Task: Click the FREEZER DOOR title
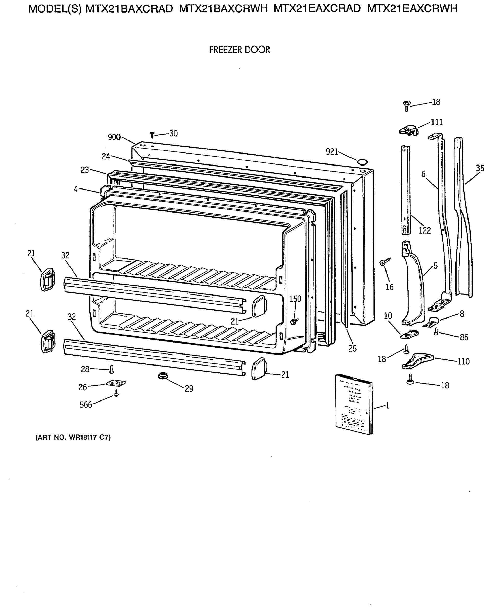[x=239, y=50]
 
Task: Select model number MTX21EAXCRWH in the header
[x=412, y=9]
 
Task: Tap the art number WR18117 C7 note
[x=73, y=438]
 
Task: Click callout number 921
[x=332, y=151]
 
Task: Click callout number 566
[x=86, y=405]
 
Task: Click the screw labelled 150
[x=295, y=321]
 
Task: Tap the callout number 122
[x=425, y=230]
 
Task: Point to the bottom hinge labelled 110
[x=417, y=362]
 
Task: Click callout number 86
[x=464, y=337]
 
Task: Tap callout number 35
[x=480, y=168]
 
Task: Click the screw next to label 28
[x=112, y=369]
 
